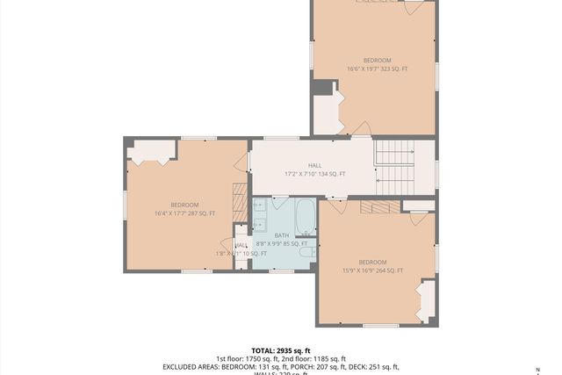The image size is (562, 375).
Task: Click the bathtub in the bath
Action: click(305, 216)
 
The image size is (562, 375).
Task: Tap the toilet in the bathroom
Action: click(306, 252)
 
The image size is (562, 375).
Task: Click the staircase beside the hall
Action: click(394, 167)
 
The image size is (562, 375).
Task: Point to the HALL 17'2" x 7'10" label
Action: click(314, 169)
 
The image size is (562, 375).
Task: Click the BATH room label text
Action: click(281, 235)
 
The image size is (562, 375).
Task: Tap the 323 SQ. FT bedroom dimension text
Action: click(377, 69)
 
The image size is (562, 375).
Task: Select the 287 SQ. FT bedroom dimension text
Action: click(184, 213)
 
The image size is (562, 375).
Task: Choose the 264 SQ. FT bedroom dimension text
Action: click(372, 270)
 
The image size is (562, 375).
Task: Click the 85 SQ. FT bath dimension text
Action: click(281, 244)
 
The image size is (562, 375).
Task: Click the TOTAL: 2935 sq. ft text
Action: click(282, 350)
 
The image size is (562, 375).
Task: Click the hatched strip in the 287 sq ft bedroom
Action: click(240, 203)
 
